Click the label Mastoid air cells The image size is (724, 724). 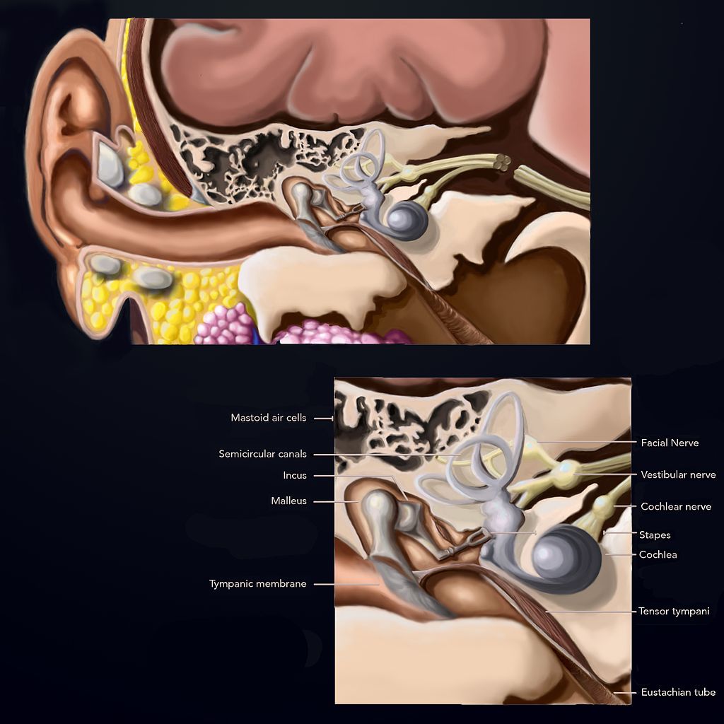(269, 418)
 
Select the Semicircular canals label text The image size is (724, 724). (263, 454)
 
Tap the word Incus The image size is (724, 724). (295, 476)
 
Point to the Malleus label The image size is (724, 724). (288, 501)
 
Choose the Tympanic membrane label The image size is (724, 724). (258, 584)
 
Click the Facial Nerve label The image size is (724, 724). (670, 443)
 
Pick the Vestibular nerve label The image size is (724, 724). (678, 474)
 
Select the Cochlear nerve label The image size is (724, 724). (676, 506)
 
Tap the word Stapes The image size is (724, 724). (655, 535)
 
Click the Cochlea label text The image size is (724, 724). (658, 554)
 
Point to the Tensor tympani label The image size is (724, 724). (673, 611)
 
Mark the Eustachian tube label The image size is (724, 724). (678, 692)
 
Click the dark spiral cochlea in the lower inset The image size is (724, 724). (566, 559)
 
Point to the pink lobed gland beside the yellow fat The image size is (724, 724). (224, 325)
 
